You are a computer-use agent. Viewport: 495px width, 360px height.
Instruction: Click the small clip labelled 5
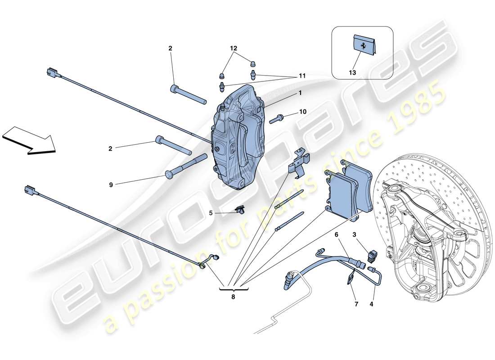[241, 209]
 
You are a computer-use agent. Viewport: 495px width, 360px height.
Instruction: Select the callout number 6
[336, 234]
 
